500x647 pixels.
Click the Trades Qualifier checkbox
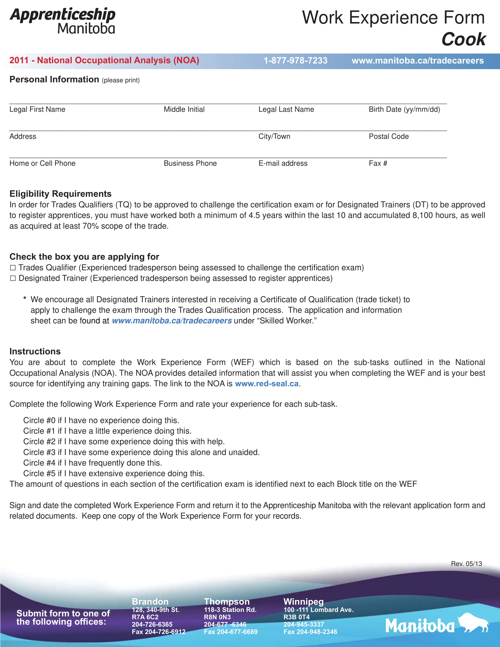click(x=13, y=268)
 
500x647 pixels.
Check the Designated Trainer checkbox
click(x=13, y=279)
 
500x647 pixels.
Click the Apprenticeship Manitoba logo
click(x=62, y=21)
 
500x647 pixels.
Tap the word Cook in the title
click(x=463, y=39)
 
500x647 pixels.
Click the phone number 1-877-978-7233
click(x=295, y=61)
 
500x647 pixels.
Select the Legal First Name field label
click(x=37, y=109)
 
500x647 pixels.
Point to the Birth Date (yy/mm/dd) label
click(x=404, y=109)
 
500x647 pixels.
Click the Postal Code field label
click(x=388, y=136)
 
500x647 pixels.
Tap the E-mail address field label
click(x=283, y=163)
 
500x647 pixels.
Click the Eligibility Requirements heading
click(x=60, y=194)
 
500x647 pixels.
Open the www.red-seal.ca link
click(x=266, y=383)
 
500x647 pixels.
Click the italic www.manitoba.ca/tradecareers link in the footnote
click(x=171, y=321)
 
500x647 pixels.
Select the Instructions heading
click(x=35, y=351)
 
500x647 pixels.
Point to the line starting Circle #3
click(x=141, y=452)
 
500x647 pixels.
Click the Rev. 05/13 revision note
click(x=466, y=564)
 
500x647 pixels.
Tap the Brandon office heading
click(x=150, y=602)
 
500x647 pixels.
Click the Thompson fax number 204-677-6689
click(x=231, y=632)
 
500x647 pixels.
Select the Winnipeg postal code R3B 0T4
click(x=296, y=617)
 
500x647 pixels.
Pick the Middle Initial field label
click(x=184, y=109)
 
